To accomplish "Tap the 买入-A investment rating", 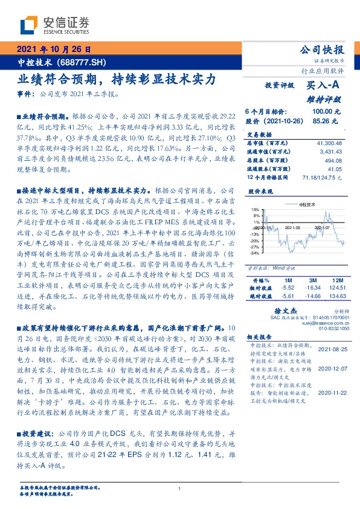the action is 324,87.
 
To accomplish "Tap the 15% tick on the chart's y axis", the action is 256,209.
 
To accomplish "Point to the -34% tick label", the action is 256,253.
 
